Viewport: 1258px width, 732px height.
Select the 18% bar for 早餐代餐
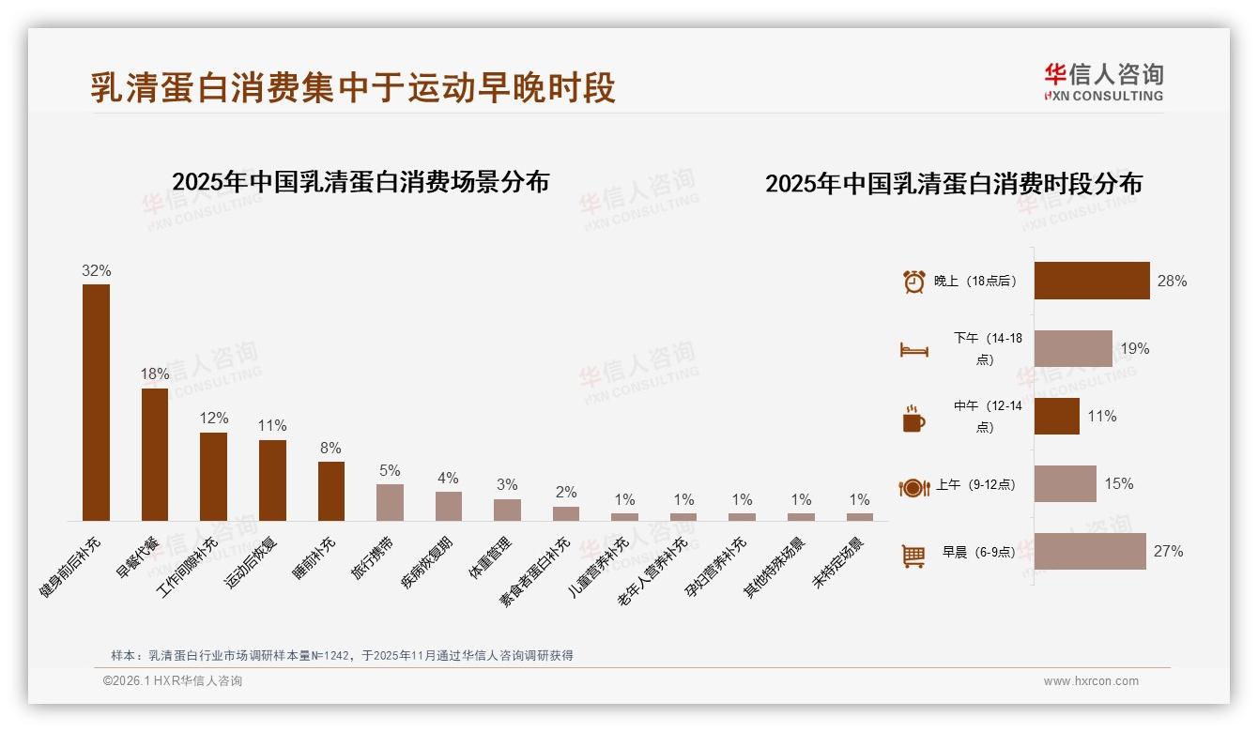[x=155, y=454]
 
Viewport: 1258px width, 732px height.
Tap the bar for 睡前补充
[x=330, y=491]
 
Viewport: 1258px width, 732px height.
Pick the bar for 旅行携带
[x=390, y=502]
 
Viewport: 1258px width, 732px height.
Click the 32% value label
[x=96, y=270]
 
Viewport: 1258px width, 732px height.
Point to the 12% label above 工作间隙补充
[x=213, y=418]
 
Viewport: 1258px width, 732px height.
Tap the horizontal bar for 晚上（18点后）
[x=1091, y=281]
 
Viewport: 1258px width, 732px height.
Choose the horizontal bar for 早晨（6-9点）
[x=1089, y=551]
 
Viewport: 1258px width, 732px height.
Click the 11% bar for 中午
[x=1056, y=416]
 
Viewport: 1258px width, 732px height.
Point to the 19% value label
[x=1135, y=348]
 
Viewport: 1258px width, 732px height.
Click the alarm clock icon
[x=913, y=282]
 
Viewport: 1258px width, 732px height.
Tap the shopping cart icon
[x=913, y=556]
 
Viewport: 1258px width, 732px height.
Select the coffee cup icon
[x=913, y=419]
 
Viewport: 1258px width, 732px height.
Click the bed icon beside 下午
[x=913, y=350]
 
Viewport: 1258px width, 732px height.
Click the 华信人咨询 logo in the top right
[x=1103, y=82]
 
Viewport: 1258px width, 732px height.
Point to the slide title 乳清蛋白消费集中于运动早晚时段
[x=353, y=87]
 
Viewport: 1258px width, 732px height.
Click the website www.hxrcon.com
[x=1091, y=681]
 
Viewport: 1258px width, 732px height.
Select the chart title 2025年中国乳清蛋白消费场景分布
[x=361, y=181]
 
